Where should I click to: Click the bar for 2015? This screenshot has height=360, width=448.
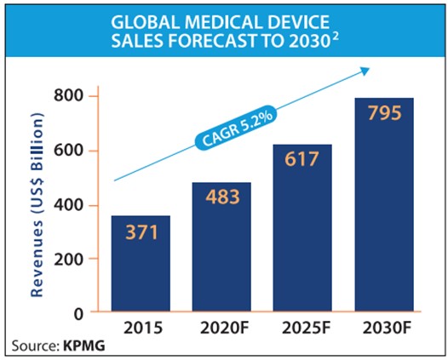coord(140,265)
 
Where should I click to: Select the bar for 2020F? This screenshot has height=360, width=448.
coord(221,248)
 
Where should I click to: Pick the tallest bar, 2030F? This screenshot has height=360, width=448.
coord(384,205)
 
